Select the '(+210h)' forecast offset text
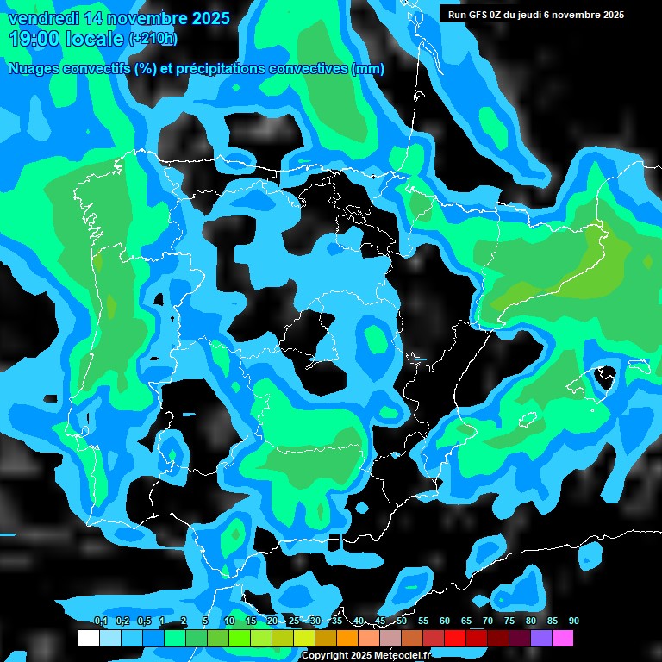pos(153,39)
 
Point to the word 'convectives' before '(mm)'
pos(312,69)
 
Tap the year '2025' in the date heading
pos(205,18)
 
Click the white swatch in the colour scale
pos(88,638)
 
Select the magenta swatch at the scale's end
pos(563,638)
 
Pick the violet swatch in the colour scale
pos(541,638)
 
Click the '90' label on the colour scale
pos(574,621)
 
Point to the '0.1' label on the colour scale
pos(100,621)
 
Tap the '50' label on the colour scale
pos(402,621)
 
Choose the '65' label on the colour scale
pos(466,621)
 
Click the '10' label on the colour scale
pos(229,621)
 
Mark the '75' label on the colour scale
pos(509,621)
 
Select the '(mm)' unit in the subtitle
pos(368,69)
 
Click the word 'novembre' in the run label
pos(572,15)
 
